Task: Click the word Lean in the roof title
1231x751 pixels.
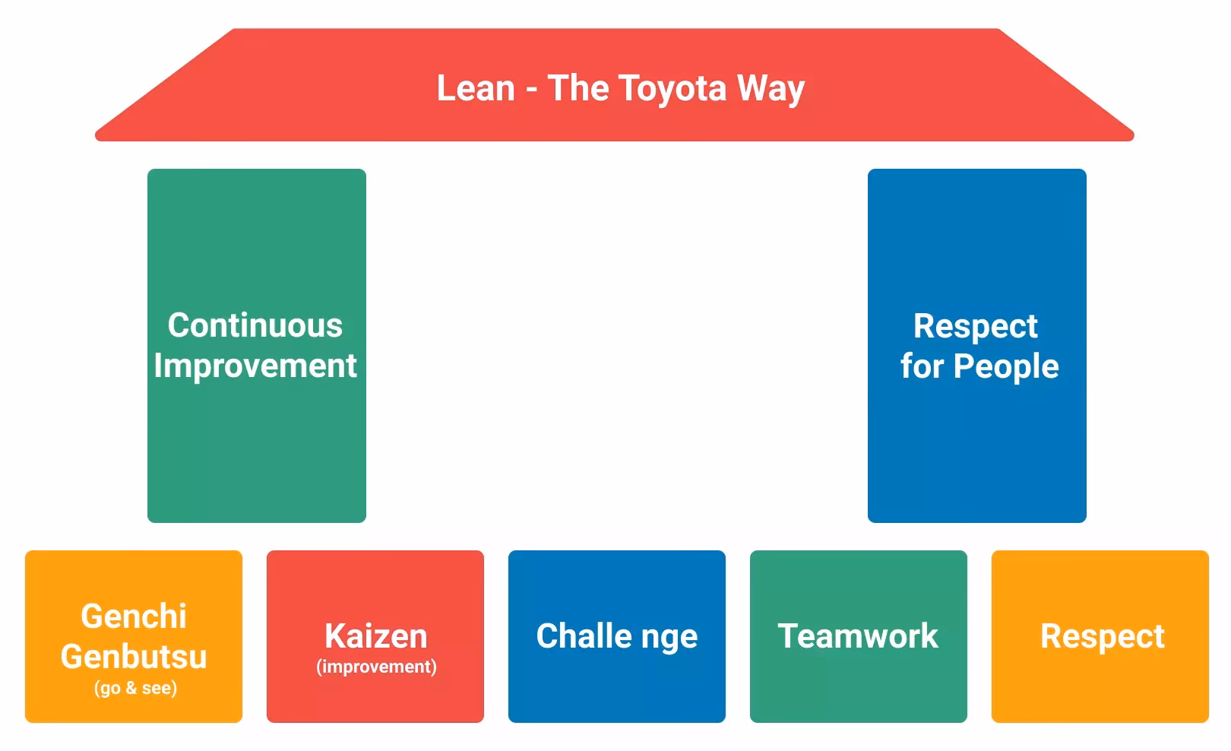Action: tap(476, 88)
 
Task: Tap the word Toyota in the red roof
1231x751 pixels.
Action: tap(672, 88)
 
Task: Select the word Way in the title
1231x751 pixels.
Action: tap(771, 88)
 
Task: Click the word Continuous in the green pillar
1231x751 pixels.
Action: tap(255, 325)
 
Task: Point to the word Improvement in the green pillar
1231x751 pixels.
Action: tap(255, 366)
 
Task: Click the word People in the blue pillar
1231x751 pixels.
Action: tap(1005, 366)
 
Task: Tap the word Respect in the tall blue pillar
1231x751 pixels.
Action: tap(975, 326)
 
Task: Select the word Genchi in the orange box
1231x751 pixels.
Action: tap(134, 616)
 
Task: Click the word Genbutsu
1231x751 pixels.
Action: tap(134, 656)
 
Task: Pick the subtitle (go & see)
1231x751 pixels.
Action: tap(135, 688)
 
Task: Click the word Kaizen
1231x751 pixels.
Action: tap(375, 635)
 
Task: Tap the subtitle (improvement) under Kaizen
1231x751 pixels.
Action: tap(376, 667)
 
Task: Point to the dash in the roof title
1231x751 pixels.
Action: tap(531, 90)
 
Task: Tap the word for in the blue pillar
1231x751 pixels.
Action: tap(922, 366)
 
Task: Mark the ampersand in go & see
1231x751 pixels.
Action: tap(130, 689)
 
